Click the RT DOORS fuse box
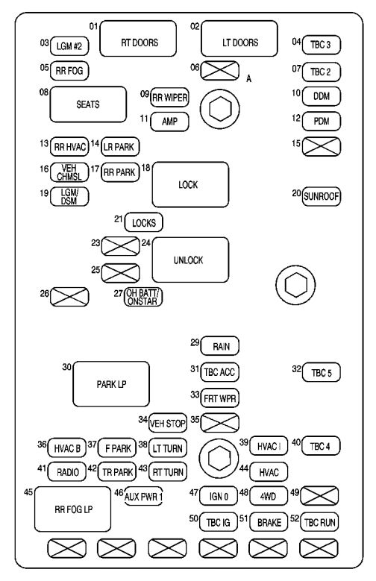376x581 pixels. click(x=139, y=43)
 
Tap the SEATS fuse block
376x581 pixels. click(x=87, y=104)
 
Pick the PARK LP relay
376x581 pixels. click(x=110, y=384)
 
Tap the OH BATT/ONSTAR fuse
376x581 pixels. click(x=143, y=298)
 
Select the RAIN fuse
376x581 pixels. click(x=220, y=345)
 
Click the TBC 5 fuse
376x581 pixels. click(x=321, y=372)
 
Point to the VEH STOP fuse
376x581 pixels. click(x=167, y=422)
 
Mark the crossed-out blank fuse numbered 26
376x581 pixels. click(x=69, y=297)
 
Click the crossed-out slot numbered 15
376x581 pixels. click(x=321, y=146)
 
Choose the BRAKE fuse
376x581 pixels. click(x=269, y=523)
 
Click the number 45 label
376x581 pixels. click(x=28, y=492)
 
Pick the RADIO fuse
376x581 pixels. click(x=68, y=471)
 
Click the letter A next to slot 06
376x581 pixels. click(x=248, y=78)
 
